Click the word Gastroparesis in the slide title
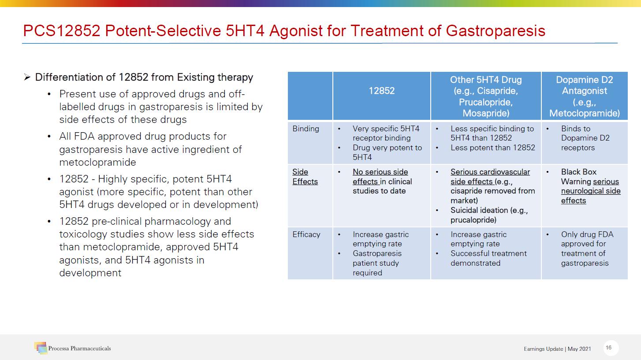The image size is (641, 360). click(496, 31)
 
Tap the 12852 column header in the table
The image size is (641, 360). click(381, 91)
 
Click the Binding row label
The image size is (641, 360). click(306, 129)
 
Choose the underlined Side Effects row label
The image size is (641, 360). click(305, 177)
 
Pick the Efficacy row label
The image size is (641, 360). click(306, 234)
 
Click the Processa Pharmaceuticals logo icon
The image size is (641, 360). click(41, 348)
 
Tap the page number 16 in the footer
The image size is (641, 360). click(609, 347)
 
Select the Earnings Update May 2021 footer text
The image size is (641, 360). click(557, 349)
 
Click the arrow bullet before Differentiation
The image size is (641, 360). click(27, 77)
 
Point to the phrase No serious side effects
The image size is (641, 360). click(380, 177)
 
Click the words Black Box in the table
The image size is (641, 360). click(578, 172)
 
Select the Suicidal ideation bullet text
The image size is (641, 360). click(489, 215)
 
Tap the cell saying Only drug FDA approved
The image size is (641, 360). click(587, 249)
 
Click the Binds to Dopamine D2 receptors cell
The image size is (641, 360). click(585, 138)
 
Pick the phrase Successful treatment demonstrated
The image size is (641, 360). click(488, 258)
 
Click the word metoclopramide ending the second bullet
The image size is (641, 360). click(97, 163)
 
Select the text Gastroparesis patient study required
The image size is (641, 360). click(377, 263)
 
